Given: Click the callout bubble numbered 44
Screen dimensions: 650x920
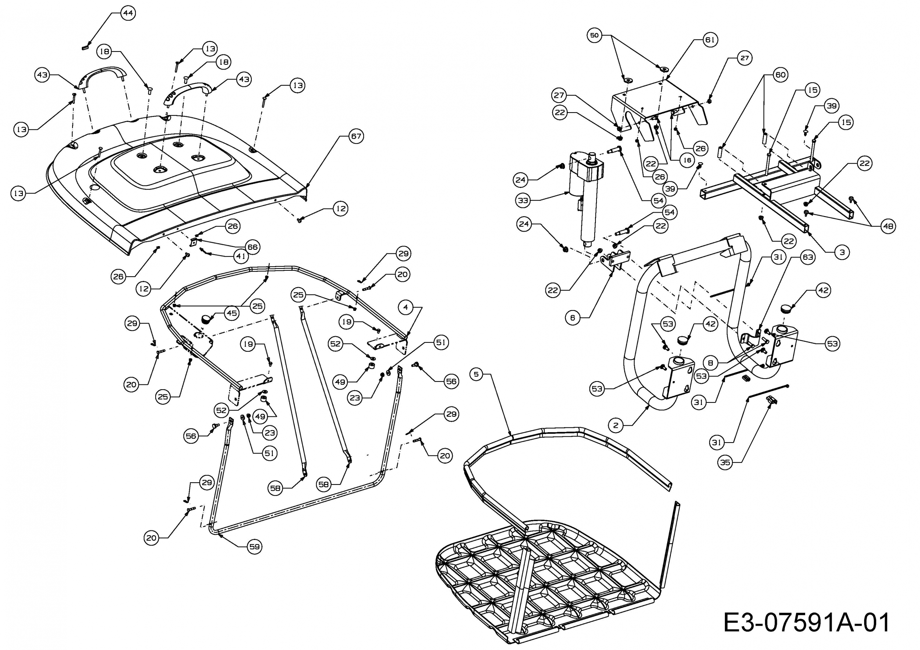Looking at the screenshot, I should pos(128,13).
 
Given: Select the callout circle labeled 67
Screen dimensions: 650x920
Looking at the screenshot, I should pos(356,136).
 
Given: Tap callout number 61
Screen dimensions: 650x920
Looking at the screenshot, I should pos(710,40).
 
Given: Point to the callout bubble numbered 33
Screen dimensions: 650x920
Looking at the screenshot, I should pos(523,200).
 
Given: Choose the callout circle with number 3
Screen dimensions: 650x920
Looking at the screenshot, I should pos(842,252).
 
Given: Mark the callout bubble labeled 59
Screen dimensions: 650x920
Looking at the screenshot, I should pos(254,547).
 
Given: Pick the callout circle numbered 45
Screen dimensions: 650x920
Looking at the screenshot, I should pos(232,313).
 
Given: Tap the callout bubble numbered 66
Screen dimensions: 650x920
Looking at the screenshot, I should pos(252,247).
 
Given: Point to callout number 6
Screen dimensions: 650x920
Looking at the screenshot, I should pos(573,317).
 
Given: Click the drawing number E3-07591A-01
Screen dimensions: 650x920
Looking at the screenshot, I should pos(806,622).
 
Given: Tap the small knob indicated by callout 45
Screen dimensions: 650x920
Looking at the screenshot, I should pos(206,319).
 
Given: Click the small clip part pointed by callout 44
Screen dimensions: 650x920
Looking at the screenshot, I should pos(85,47).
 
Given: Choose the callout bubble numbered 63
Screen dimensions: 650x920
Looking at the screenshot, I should pos(807,257).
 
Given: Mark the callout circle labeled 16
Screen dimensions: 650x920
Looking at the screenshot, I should pos(687,160).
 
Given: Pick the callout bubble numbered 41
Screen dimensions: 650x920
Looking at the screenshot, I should pos(241,256).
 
